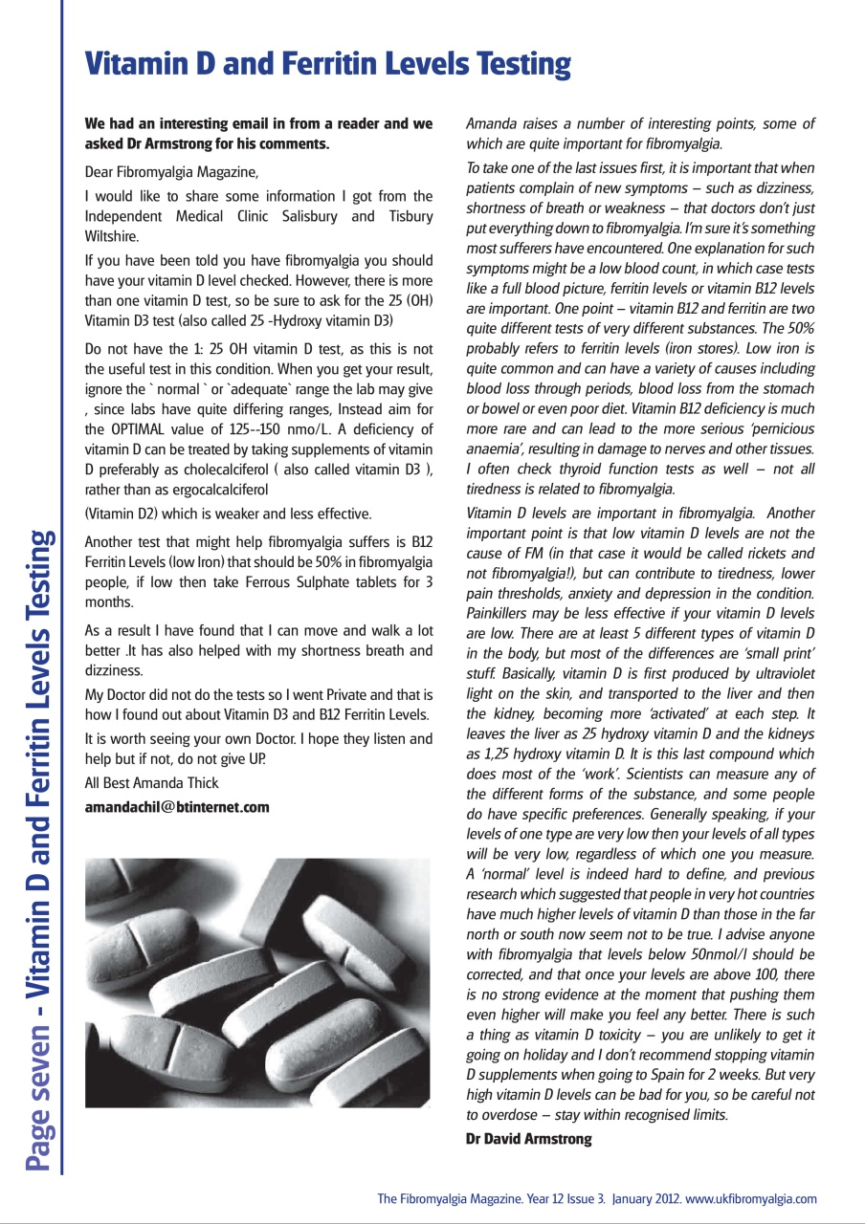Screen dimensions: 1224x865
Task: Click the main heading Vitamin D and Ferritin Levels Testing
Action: click(327, 64)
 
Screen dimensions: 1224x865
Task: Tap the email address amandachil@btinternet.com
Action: click(177, 807)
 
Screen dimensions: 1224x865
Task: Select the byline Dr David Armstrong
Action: click(528, 1139)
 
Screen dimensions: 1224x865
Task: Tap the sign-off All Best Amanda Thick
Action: click(151, 783)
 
